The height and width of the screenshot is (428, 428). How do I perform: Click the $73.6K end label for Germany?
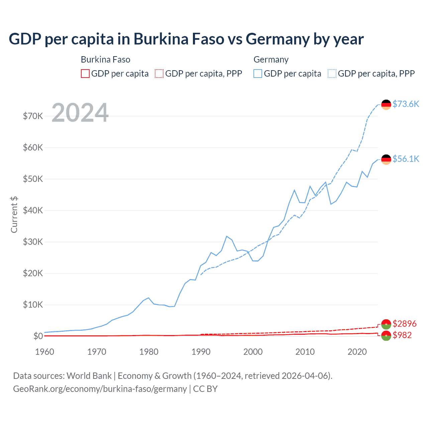click(x=406, y=104)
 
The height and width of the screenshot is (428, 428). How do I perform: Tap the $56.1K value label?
click(x=406, y=159)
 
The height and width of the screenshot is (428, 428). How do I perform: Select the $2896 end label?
click(x=404, y=324)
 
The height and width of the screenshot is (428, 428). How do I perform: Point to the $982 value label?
click(x=402, y=335)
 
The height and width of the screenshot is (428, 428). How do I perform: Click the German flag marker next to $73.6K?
click(x=386, y=105)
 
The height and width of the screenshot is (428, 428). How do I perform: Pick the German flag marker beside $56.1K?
click(x=386, y=159)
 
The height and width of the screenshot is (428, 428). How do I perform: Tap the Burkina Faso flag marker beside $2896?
click(x=386, y=324)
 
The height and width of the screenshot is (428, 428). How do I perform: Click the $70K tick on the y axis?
click(x=33, y=116)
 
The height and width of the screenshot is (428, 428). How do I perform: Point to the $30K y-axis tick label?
click(x=33, y=242)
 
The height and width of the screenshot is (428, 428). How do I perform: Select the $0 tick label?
click(x=38, y=336)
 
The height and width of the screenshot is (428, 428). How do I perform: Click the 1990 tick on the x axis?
click(x=201, y=352)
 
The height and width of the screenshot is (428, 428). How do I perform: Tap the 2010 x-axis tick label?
click(x=305, y=352)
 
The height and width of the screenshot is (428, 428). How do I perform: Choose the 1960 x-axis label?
click(x=45, y=352)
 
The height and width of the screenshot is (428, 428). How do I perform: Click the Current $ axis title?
click(x=14, y=215)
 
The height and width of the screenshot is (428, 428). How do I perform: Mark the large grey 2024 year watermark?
click(x=80, y=113)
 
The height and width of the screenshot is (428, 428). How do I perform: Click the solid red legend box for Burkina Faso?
click(x=85, y=74)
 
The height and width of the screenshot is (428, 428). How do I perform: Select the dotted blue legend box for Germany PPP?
click(x=332, y=74)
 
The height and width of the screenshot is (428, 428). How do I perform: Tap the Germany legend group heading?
click(x=271, y=60)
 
